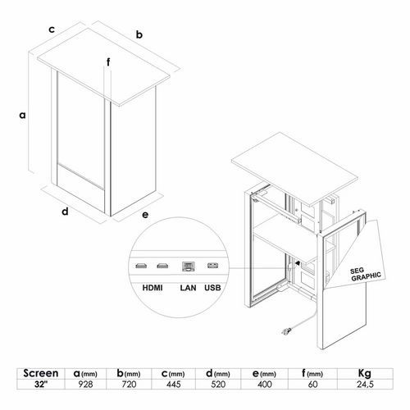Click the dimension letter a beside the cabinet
(x=22, y=115)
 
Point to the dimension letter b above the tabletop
(x=139, y=34)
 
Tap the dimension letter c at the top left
(x=52, y=30)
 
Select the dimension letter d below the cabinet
(x=65, y=211)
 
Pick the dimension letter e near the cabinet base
(x=145, y=215)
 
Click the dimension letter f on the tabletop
(x=108, y=62)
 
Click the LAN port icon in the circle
(x=189, y=266)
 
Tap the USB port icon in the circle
(x=212, y=265)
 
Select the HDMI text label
(x=153, y=288)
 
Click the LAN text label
(x=188, y=288)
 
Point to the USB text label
(x=212, y=288)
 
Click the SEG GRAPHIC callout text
(x=366, y=274)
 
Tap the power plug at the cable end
(x=286, y=331)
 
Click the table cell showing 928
(x=85, y=384)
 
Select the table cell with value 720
(x=129, y=384)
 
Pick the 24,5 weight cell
(x=365, y=384)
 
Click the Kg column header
(x=365, y=373)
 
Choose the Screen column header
(x=41, y=373)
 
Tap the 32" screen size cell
(x=41, y=384)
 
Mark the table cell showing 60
(x=312, y=384)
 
